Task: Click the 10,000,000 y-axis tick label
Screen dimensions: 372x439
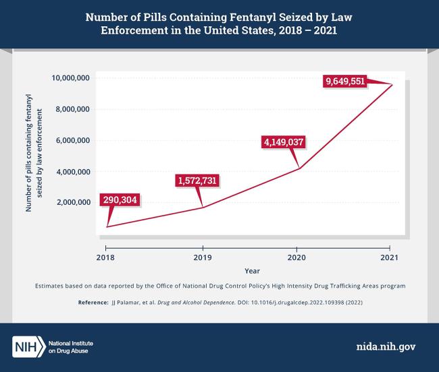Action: [71, 78]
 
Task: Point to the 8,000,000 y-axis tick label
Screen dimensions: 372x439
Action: [73, 109]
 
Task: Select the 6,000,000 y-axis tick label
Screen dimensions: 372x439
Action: [73, 140]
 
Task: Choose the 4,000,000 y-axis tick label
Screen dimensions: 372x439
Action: [73, 171]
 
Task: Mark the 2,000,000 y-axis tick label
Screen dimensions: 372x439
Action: [73, 202]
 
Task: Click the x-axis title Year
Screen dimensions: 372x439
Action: [252, 270]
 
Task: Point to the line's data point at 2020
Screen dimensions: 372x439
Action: [297, 168]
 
